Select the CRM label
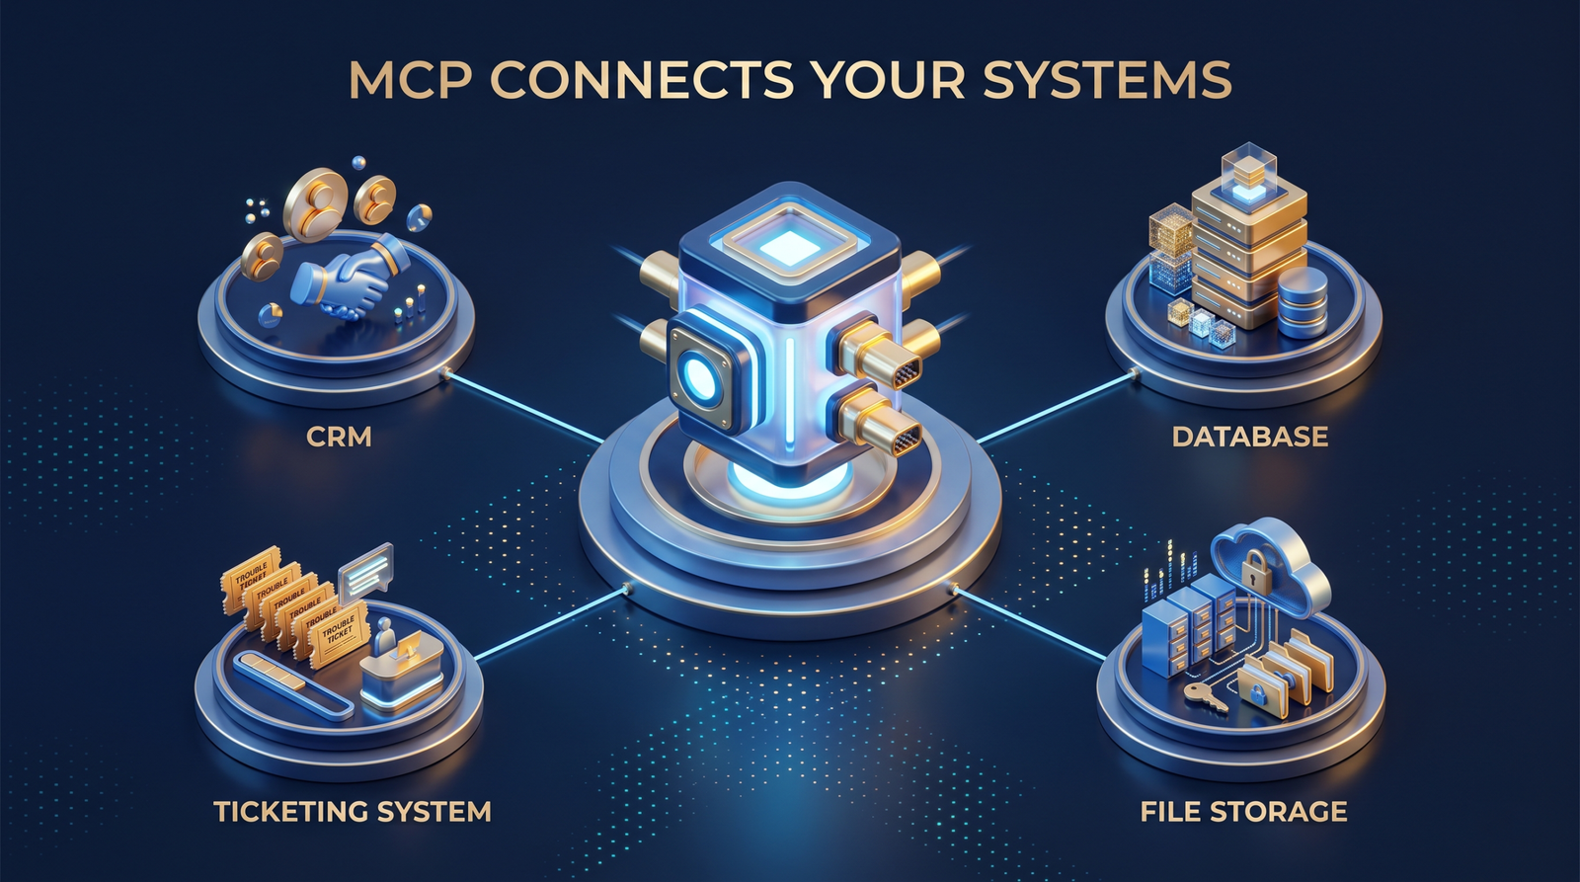pyautogui.click(x=339, y=437)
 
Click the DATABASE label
pyautogui.click(x=1250, y=437)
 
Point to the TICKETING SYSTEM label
pyautogui.click(x=352, y=812)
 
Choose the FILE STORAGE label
pyautogui.click(x=1243, y=812)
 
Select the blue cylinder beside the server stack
pyautogui.click(x=1303, y=302)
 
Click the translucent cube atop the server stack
pyautogui.click(x=1250, y=169)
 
